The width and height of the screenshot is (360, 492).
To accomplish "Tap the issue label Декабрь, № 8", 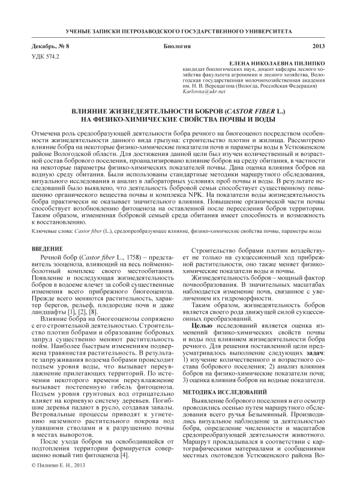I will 50,46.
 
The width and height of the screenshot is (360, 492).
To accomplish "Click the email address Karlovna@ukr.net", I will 199,92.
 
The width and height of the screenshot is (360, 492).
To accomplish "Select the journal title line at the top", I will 179,29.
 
